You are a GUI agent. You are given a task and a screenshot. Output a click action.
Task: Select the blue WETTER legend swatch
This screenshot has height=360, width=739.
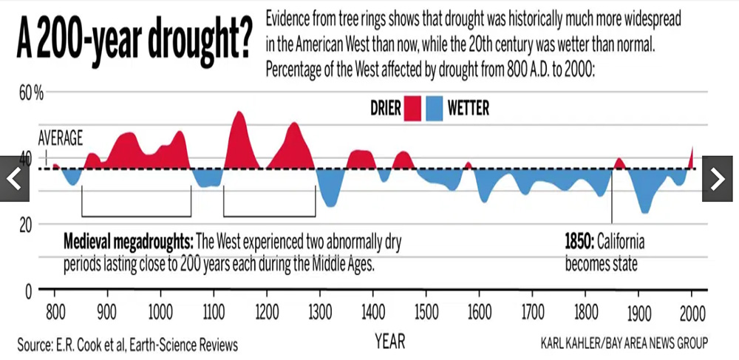(435, 109)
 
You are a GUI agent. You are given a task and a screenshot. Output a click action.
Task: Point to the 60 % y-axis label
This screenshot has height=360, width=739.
(32, 94)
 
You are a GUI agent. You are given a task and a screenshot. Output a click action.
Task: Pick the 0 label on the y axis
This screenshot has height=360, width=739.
(28, 291)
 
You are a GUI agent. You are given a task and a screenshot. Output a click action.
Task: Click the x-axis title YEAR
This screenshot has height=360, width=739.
(389, 342)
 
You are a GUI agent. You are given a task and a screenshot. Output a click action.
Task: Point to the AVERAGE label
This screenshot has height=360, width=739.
(61, 137)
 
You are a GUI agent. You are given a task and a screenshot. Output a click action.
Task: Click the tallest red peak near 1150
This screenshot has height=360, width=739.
(239, 118)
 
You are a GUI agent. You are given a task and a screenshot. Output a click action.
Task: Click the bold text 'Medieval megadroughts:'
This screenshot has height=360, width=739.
(129, 242)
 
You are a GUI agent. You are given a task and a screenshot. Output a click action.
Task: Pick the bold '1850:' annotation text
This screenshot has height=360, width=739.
(579, 242)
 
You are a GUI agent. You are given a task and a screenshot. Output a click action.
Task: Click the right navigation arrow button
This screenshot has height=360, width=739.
(717, 178)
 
